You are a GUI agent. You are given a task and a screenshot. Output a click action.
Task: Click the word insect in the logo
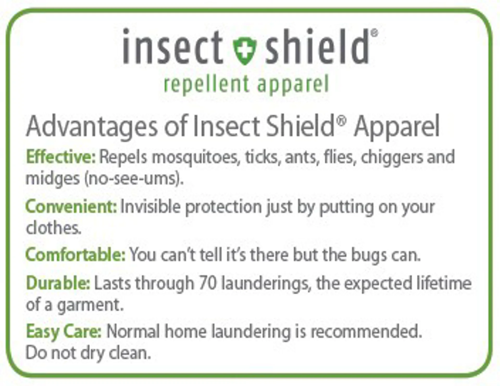click(173, 46)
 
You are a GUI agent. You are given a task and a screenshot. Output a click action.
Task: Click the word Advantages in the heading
click(92, 127)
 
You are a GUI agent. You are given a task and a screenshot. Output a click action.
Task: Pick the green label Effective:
click(61, 157)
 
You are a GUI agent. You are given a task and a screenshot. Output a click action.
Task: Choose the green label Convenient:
click(71, 207)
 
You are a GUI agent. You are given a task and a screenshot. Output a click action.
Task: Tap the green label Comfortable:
click(76, 254)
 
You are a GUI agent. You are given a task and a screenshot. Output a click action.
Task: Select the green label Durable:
click(58, 283)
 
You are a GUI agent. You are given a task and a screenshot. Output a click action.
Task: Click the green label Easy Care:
click(64, 332)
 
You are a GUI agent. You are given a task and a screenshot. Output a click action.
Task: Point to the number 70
click(208, 283)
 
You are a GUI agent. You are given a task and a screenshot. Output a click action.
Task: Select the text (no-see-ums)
click(134, 179)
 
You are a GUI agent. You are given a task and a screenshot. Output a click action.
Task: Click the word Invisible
click(150, 207)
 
